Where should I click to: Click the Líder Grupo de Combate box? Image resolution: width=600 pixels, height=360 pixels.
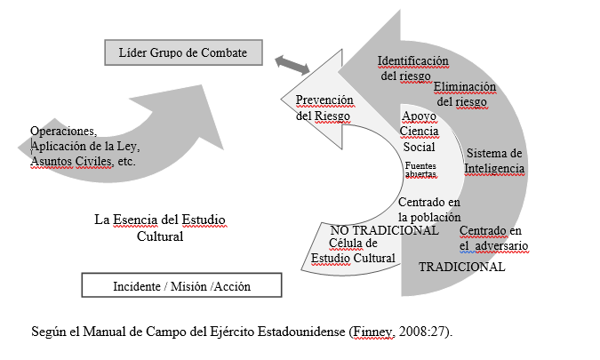(x=183, y=52)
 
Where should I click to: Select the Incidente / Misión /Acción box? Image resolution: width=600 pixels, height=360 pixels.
(x=182, y=285)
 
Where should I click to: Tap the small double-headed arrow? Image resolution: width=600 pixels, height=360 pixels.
(x=292, y=63)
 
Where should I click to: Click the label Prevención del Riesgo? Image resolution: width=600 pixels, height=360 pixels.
(x=324, y=108)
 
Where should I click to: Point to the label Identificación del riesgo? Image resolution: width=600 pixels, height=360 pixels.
(x=412, y=68)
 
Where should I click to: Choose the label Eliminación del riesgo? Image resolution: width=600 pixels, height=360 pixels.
(x=465, y=94)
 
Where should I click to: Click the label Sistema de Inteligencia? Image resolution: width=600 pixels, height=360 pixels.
(x=494, y=160)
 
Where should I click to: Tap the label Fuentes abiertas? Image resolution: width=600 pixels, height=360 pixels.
(x=420, y=170)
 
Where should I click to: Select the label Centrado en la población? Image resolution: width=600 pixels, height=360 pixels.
(x=429, y=209)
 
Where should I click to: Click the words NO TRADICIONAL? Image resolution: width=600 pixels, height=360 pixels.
(x=384, y=229)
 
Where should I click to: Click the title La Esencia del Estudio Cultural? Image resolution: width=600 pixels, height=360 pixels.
(x=160, y=227)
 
